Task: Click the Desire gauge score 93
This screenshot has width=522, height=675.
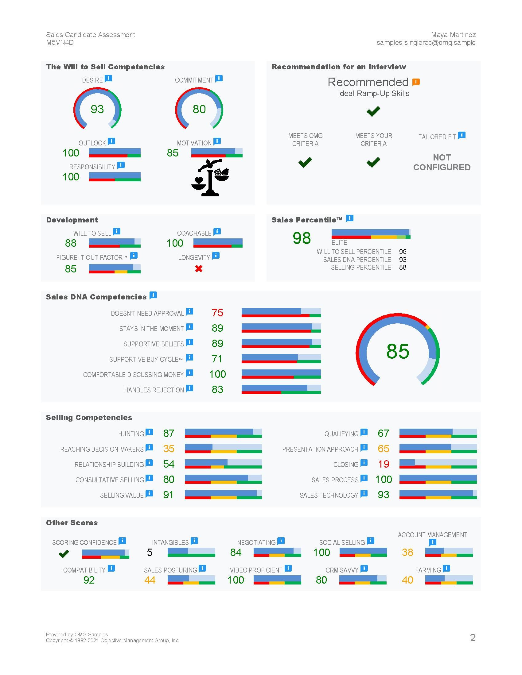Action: (97, 109)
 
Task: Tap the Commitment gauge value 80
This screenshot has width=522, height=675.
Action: (199, 109)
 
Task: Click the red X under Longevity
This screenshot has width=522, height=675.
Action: (199, 268)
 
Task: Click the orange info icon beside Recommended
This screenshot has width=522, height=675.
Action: (416, 82)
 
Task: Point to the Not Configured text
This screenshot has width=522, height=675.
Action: (442, 162)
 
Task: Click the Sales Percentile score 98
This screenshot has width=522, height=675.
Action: (302, 238)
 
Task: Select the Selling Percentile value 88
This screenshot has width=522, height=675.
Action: (403, 267)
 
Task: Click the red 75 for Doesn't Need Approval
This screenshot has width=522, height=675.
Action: (217, 313)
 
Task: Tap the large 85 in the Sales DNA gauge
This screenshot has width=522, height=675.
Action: (398, 351)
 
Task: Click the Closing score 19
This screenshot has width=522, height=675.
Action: (384, 464)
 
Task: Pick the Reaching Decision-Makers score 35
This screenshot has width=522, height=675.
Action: (169, 449)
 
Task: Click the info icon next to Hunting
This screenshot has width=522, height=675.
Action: (149, 432)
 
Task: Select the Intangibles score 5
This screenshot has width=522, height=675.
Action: (150, 552)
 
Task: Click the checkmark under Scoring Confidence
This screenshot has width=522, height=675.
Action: (64, 553)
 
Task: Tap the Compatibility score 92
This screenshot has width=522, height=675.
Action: (89, 580)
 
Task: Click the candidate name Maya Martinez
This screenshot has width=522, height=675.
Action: (453, 35)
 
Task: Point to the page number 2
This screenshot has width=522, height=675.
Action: (473, 638)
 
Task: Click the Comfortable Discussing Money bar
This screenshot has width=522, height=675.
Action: (281, 374)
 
